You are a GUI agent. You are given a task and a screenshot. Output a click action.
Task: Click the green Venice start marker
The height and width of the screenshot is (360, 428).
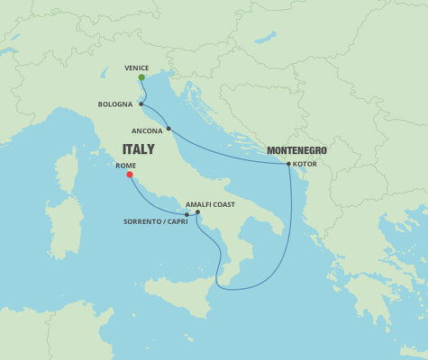tap(141, 77)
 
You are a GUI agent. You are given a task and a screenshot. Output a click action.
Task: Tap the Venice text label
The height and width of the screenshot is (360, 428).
tap(137, 67)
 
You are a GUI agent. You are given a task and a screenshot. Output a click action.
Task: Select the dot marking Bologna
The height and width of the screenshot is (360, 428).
tap(141, 104)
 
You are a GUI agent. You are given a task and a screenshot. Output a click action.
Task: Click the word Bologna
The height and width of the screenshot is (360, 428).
tap(115, 104)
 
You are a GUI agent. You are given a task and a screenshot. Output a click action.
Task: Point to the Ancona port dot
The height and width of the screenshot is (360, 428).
tap(168, 129)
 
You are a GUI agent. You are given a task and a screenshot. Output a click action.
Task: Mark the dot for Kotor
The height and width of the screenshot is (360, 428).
tap(288, 164)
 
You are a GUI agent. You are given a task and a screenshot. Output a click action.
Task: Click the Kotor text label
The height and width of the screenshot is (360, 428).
tap(306, 164)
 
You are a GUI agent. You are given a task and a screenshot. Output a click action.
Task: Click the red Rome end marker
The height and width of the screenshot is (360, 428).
tap(130, 175)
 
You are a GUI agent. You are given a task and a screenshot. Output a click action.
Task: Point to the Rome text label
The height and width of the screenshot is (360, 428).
tap(125, 166)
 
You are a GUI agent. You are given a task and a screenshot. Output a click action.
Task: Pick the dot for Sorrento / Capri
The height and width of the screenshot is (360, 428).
tap(187, 214)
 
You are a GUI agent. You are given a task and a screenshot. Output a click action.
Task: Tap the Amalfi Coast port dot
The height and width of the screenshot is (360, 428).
tap(198, 212)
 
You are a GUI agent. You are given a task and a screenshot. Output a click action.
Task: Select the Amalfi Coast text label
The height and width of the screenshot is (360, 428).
tap(211, 204)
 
